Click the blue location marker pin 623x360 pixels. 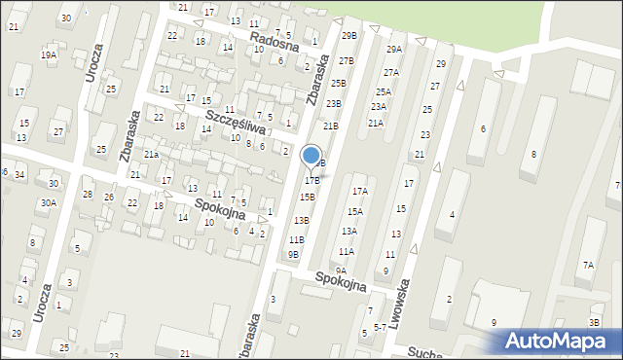311,157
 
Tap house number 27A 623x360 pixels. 390,72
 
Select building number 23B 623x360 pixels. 334,103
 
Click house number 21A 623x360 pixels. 376,123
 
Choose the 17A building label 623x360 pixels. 360,192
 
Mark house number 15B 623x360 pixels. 307,197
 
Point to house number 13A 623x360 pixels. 348,231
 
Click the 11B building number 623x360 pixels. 297,239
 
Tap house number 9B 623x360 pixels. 292,255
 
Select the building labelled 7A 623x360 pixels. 588,265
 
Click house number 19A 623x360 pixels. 48,55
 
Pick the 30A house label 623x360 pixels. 48,202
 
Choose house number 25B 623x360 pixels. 338,83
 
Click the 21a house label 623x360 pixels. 151,154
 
